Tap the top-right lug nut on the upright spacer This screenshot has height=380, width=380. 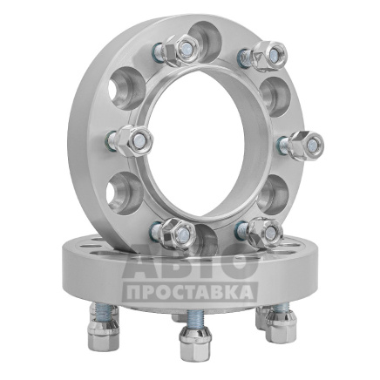coord(268,55)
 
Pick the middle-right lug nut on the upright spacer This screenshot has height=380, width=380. coord(304,145)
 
